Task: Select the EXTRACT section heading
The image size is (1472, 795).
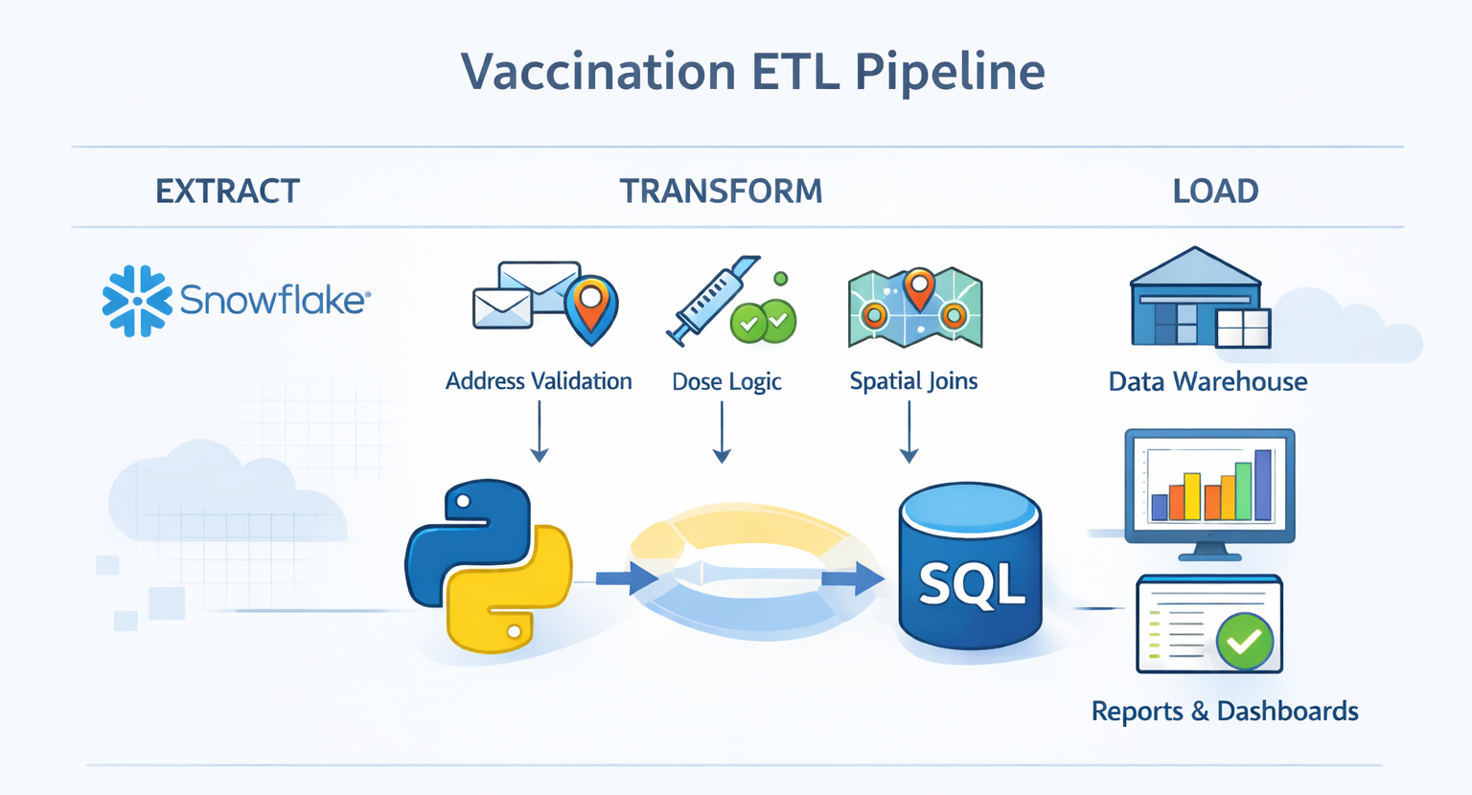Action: pos(227,192)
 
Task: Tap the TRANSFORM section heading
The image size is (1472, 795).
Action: pos(721,192)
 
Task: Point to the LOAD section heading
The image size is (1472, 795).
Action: pos(1215,192)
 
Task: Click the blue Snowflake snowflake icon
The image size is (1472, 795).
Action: pos(137,301)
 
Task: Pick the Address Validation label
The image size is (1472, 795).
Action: pos(539,381)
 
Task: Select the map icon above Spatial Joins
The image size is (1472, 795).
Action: pos(915,307)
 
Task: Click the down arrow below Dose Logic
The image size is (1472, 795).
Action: pos(723,433)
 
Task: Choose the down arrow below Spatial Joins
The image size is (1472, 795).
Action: pos(909,433)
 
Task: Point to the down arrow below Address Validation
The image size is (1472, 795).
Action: pos(540,433)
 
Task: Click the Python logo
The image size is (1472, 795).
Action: pos(489,566)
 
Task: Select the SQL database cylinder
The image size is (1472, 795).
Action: pos(970,567)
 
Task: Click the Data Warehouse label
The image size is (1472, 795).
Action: pos(1207,382)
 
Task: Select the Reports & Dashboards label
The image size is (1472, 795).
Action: pos(1225,712)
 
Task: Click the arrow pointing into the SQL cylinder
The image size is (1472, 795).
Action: pos(852,579)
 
